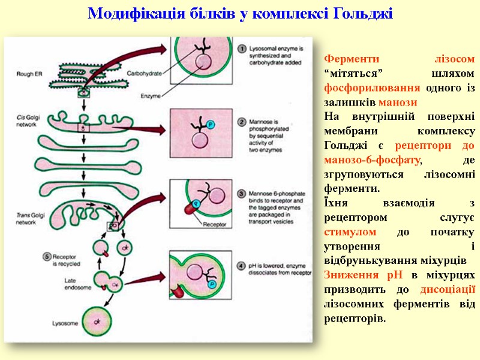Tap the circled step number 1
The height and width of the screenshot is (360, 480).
241,49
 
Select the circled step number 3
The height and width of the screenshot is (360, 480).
241,194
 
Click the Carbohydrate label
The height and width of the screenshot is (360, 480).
144,73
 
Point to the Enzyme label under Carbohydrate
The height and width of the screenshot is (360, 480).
149,95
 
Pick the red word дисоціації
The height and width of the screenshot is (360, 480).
448,289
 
